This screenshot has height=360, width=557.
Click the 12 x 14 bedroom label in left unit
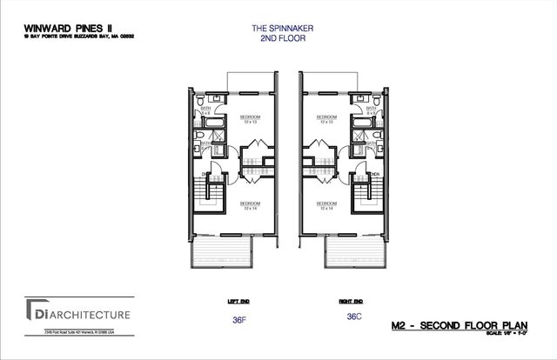(x=251, y=206)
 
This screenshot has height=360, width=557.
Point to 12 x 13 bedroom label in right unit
(x=326, y=120)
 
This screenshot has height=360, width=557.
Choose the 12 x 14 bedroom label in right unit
(x=326, y=206)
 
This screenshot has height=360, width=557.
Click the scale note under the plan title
(x=516, y=332)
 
